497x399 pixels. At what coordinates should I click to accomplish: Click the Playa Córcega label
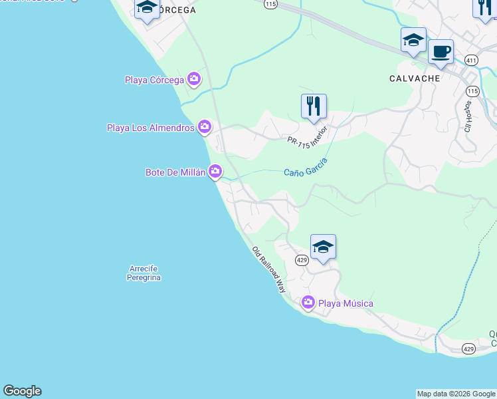[154, 80]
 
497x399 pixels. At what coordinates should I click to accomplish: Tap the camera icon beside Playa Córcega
[194, 80]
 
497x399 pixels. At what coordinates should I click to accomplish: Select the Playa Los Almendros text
[150, 128]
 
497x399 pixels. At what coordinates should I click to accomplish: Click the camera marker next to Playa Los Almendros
[205, 126]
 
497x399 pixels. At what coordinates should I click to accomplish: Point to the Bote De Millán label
[176, 173]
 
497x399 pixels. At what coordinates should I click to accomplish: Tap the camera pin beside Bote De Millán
[215, 172]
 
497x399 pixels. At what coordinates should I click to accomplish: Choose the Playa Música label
[346, 304]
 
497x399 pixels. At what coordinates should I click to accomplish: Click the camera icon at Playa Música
[308, 303]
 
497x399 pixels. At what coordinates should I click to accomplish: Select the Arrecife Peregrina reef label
[144, 273]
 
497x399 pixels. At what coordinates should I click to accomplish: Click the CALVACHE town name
[415, 78]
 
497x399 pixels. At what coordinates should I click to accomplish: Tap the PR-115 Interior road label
[308, 135]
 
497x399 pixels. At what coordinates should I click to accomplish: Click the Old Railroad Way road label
[268, 271]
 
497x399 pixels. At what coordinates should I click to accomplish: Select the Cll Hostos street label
[468, 116]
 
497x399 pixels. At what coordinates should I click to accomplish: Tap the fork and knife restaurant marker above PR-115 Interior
[314, 106]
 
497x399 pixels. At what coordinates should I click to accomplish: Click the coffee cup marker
[441, 51]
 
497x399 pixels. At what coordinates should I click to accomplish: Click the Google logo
[22, 391]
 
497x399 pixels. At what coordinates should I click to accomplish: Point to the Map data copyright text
[456, 394]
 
